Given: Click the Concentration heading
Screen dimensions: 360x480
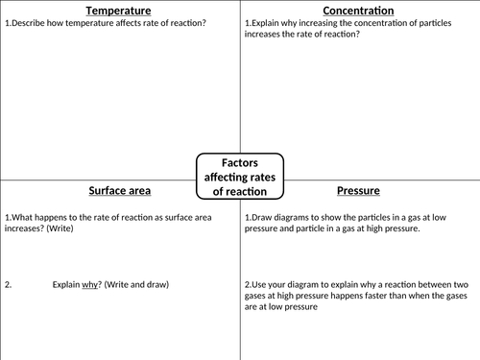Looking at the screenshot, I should click(x=358, y=10).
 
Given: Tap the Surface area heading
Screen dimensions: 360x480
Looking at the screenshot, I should click(x=120, y=190).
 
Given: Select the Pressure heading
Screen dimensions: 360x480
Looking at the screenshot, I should click(x=358, y=190).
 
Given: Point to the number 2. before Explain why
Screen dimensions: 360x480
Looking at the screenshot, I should click(x=9, y=285).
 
